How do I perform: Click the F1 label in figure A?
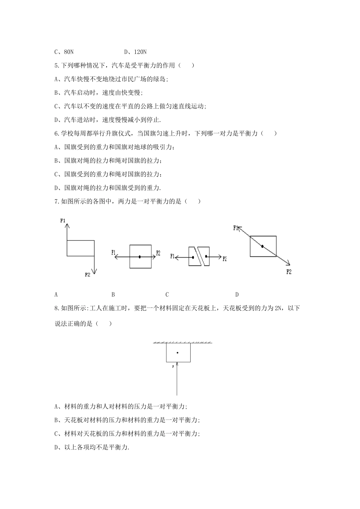pos(63,220)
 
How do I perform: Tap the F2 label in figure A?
pos(88,275)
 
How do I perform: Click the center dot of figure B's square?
pos(140,257)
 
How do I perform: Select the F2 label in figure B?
pos(158,253)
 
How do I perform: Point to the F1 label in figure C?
pos(173,256)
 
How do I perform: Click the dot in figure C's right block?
pos(206,257)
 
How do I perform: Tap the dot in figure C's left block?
pos(193,258)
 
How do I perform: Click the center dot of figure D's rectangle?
pos(262,246)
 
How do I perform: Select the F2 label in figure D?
pos(289,272)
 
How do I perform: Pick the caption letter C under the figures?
pos(167,294)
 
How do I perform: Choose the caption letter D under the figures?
pos(237,294)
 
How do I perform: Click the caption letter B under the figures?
pos(113,294)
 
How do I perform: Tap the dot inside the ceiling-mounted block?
pos(177,353)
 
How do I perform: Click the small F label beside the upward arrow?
pos(173,367)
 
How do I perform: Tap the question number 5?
pos(56,66)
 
